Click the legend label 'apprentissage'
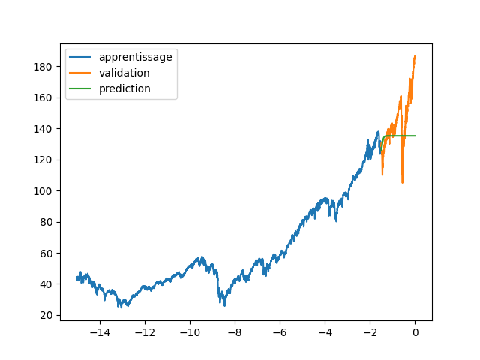(x=135, y=57)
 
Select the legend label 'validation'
(x=124, y=73)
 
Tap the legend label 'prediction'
(x=124, y=88)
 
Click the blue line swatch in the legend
(x=81, y=58)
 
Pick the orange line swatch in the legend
(x=81, y=73)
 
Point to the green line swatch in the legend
(x=81, y=88)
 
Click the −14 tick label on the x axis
(x=100, y=332)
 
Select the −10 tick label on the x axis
(x=190, y=332)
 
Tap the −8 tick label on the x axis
(x=235, y=332)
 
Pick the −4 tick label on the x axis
(x=325, y=332)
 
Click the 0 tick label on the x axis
(x=415, y=332)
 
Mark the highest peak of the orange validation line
(x=415, y=55)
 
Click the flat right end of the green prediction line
(x=414, y=136)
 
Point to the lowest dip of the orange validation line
(x=402, y=182)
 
